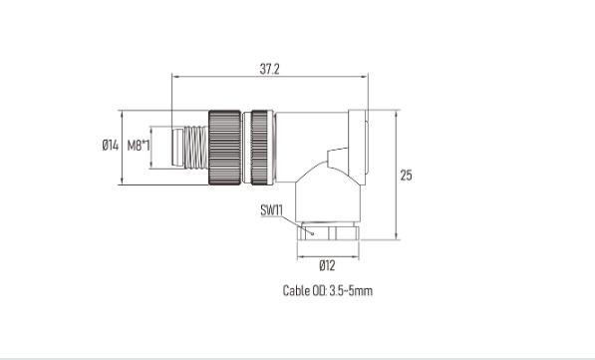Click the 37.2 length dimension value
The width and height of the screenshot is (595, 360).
269,69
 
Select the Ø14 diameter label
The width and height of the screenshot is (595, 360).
110,145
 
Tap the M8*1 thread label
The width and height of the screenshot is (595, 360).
139,145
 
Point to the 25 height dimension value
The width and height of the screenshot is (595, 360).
406,176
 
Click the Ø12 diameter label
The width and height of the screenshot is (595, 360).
327,265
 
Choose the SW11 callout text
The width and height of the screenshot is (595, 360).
272,210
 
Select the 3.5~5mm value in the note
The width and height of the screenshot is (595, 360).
351,291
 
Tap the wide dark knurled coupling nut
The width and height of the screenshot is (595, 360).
224,148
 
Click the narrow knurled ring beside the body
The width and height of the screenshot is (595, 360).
259,148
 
